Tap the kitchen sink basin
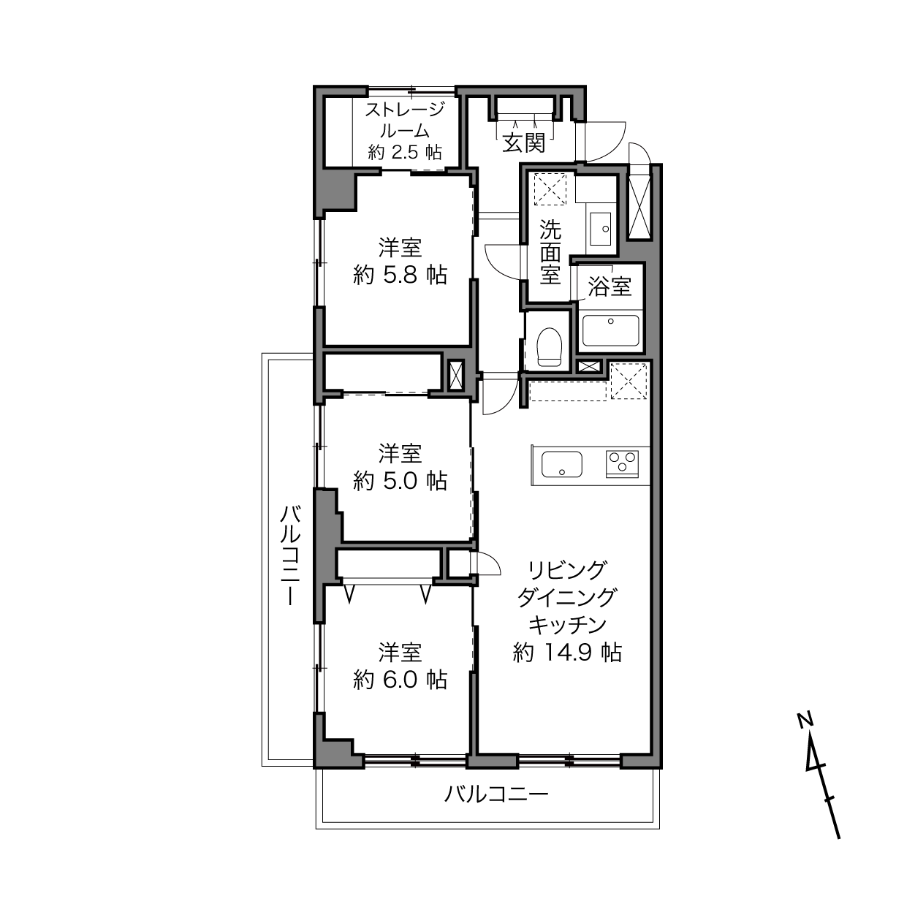pyautogui.click(x=562, y=464)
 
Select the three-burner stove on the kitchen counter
pyautogui.click(x=622, y=464)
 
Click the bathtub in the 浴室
pyautogui.click(x=611, y=330)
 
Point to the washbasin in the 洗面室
pyautogui.click(x=601, y=229)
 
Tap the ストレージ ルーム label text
pyautogui.click(x=405, y=120)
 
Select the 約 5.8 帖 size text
pyautogui.click(x=400, y=275)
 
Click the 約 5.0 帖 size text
pyautogui.click(x=400, y=481)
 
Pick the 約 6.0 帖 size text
pyautogui.click(x=400, y=680)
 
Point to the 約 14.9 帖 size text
pyautogui.click(x=567, y=653)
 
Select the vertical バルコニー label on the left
pyautogui.click(x=290, y=555)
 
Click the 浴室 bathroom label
pyautogui.click(x=610, y=286)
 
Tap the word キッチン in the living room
pyautogui.click(x=567, y=624)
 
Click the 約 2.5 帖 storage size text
pyautogui.click(x=405, y=152)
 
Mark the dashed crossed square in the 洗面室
pyautogui.click(x=550, y=189)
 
